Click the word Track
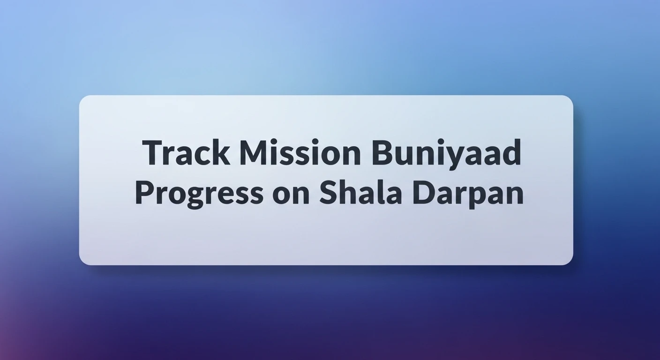pyautogui.click(x=187, y=153)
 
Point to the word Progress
pyautogui.click(x=199, y=193)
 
